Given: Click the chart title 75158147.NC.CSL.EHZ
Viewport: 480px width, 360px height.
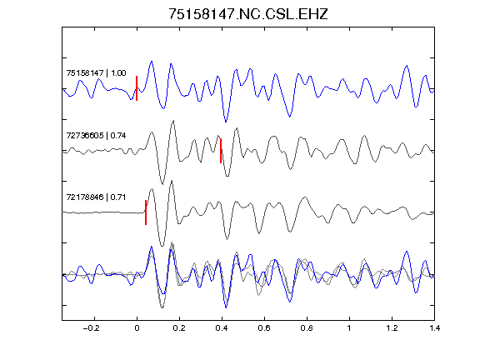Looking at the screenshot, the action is (x=248, y=14).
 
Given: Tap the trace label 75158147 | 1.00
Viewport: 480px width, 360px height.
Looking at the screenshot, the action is (x=96, y=73).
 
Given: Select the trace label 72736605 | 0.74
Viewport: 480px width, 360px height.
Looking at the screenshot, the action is (x=96, y=135).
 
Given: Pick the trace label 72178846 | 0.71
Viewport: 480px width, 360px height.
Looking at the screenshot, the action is (x=96, y=197).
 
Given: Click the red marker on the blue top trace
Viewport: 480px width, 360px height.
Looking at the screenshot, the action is (x=137, y=88).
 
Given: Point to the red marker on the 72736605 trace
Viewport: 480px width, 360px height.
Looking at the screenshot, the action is (x=221, y=151).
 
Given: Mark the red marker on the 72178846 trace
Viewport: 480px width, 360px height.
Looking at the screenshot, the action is (x=146, y=212).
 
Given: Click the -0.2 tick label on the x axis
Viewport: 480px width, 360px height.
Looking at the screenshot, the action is (x=92, y=328).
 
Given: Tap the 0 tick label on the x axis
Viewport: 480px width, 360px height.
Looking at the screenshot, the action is (x=137, y=328).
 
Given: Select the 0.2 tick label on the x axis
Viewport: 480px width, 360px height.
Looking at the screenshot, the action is (x=179, y=328).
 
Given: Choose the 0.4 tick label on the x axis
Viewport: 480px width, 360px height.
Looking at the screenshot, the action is (x=222, y=328).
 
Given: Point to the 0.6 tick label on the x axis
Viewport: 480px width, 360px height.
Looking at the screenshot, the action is (x=264, y=328).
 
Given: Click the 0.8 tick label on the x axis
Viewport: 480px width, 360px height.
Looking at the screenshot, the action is (x=307, y=328).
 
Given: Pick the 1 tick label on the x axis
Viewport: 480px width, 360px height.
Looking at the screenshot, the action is (x=349, y=328).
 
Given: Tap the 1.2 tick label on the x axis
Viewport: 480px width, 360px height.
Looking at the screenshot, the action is (x=392, y=328).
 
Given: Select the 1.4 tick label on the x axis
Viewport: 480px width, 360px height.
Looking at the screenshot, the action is (x=434, y=328).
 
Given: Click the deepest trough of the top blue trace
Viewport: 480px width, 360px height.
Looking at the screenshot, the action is (x=226, y=122).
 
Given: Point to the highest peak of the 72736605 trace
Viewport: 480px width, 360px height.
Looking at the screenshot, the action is (x=173, y=121).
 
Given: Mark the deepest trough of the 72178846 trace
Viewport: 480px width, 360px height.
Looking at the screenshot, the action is (x=162, y=246).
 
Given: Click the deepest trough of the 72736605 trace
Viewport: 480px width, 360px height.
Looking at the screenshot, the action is (x=162, y=184).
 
